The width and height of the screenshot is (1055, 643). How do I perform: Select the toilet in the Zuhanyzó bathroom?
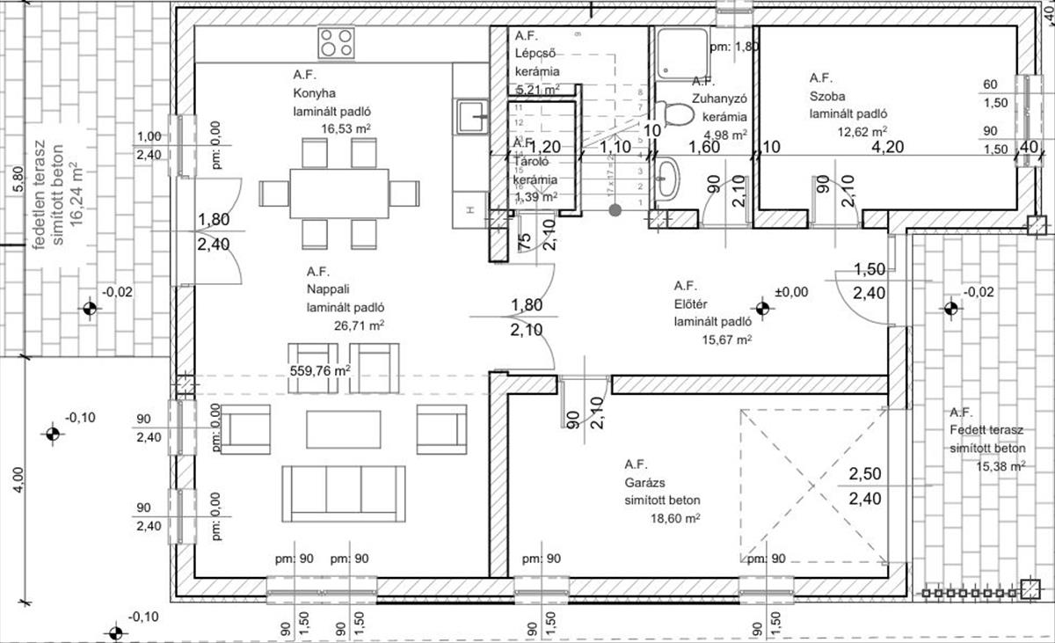coord(673,113)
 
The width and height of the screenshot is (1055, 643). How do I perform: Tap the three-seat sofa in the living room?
coord(344,493)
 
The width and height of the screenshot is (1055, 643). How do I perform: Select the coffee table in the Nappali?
coord(344,429)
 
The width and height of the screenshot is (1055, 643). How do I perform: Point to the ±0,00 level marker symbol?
coord(761,308)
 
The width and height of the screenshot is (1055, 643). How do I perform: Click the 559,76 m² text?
coord(320,370)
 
